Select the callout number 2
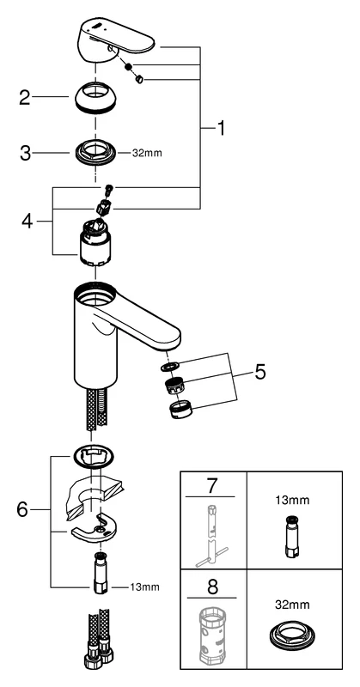(25, 96)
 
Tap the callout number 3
(25, 155)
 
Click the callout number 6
(25, 509)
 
